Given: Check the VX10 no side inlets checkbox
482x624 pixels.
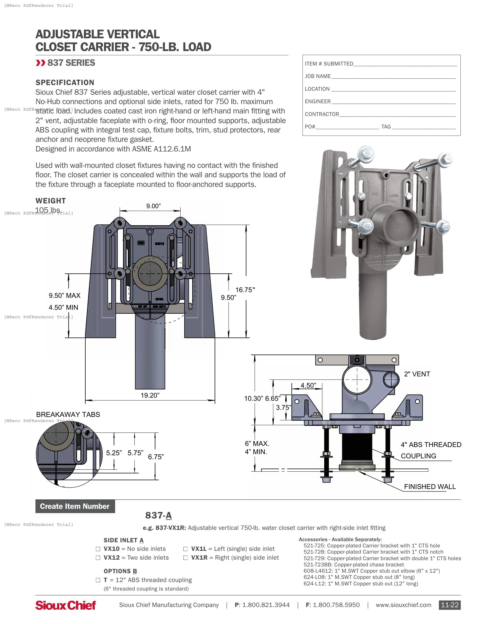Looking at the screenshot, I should (98, 549).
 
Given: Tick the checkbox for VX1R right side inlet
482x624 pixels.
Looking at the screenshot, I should (185, 558).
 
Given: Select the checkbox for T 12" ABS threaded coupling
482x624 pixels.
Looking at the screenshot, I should (98, 580).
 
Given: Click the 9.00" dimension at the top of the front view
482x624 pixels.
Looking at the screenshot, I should (153, 206).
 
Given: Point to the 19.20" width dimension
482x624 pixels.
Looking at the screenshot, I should (150, 395).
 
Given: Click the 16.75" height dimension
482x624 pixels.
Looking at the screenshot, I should (245, 290).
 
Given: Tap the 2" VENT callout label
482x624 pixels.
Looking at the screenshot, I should (417, 374).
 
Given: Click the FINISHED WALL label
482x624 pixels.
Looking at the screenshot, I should (430, 486).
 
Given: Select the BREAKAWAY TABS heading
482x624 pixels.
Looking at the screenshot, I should (68, 414).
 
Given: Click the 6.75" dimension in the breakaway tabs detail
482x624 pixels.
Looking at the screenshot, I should (156, 457).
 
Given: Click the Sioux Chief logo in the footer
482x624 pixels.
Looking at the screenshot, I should (66, 605).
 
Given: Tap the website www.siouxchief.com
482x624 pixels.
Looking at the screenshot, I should (403, 605).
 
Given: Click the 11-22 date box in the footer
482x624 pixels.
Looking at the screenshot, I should (449, 605).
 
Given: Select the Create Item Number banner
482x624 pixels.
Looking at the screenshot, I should (75, 506).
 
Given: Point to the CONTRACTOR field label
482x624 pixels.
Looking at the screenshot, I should (322, 114).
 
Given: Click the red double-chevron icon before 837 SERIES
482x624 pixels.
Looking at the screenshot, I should (41, 63).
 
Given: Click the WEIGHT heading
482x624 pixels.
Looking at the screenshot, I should (50, 201).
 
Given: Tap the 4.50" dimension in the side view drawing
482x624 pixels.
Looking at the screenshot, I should (308, 385).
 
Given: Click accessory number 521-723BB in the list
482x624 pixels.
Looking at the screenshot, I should (318, 564).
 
